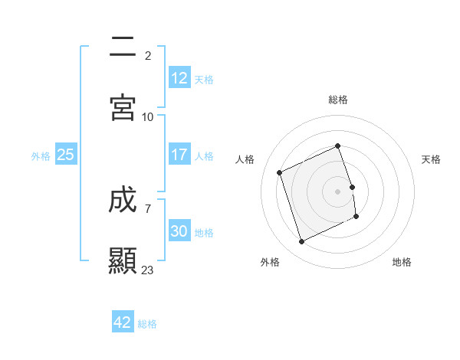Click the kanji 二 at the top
(123, 49)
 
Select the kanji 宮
(123, 108)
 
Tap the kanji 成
(123, 202)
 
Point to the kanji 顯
(123, 261)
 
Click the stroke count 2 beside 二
(148, 56)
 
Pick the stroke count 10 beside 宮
(148, 116)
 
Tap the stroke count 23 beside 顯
(148, 270)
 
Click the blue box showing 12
(179, 78)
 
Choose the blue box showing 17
(179, 155)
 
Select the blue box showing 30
(179, 231)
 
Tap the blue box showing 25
(66, 155)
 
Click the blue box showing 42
(123, 322)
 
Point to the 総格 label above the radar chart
(338, 100)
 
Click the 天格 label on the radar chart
(432, 159)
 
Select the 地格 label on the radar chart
(402, 262)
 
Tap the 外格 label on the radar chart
(270, 262)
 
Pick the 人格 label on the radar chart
(245, 159)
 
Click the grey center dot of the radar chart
(338, 191)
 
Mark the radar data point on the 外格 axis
(301, 242)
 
